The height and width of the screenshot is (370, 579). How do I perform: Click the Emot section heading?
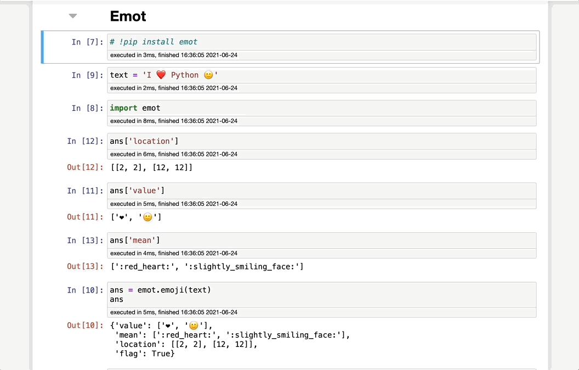point(128,16)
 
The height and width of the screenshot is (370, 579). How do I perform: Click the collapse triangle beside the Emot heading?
point(73,16)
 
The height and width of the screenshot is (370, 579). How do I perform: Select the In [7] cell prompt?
point(87,42)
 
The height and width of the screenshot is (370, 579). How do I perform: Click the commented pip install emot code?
point(154,42)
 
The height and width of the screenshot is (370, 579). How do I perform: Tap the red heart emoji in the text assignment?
point(161,75)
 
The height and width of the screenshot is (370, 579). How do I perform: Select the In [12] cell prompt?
point(85,141)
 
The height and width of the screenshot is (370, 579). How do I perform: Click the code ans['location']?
point(144,141)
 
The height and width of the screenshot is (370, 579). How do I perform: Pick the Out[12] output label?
point(85,167)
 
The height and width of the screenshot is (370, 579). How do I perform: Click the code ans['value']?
point(137,190)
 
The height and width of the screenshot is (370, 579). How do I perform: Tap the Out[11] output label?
point(85,217)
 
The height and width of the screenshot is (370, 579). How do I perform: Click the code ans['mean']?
point(135,240)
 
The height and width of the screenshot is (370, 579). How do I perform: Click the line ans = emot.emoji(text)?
point(160,290)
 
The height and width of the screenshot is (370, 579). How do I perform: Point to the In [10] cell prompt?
point(85,290)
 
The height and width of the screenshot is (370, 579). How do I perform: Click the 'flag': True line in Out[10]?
point(145,354)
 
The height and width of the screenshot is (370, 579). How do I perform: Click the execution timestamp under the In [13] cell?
point(174,254)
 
